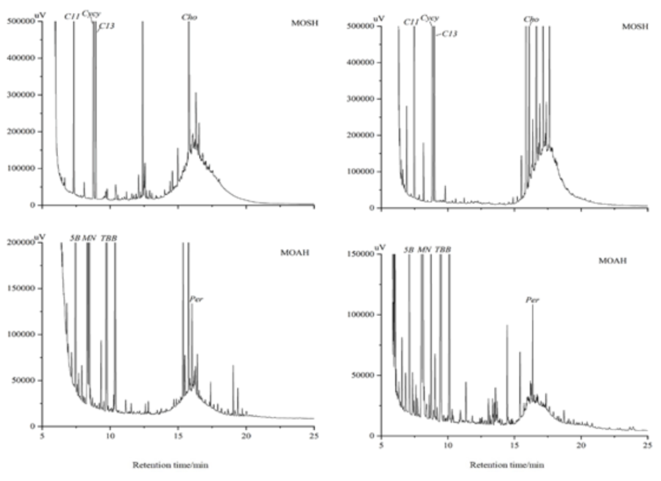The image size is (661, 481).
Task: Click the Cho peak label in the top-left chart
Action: [189, 18]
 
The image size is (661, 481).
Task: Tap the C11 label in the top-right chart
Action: [411, 22]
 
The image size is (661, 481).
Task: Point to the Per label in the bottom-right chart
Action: [532, 300]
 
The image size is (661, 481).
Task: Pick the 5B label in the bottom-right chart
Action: [409, 250]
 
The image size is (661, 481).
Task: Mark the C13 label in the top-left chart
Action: [106, 26]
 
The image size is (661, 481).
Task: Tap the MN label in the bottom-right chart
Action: [424, 250]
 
